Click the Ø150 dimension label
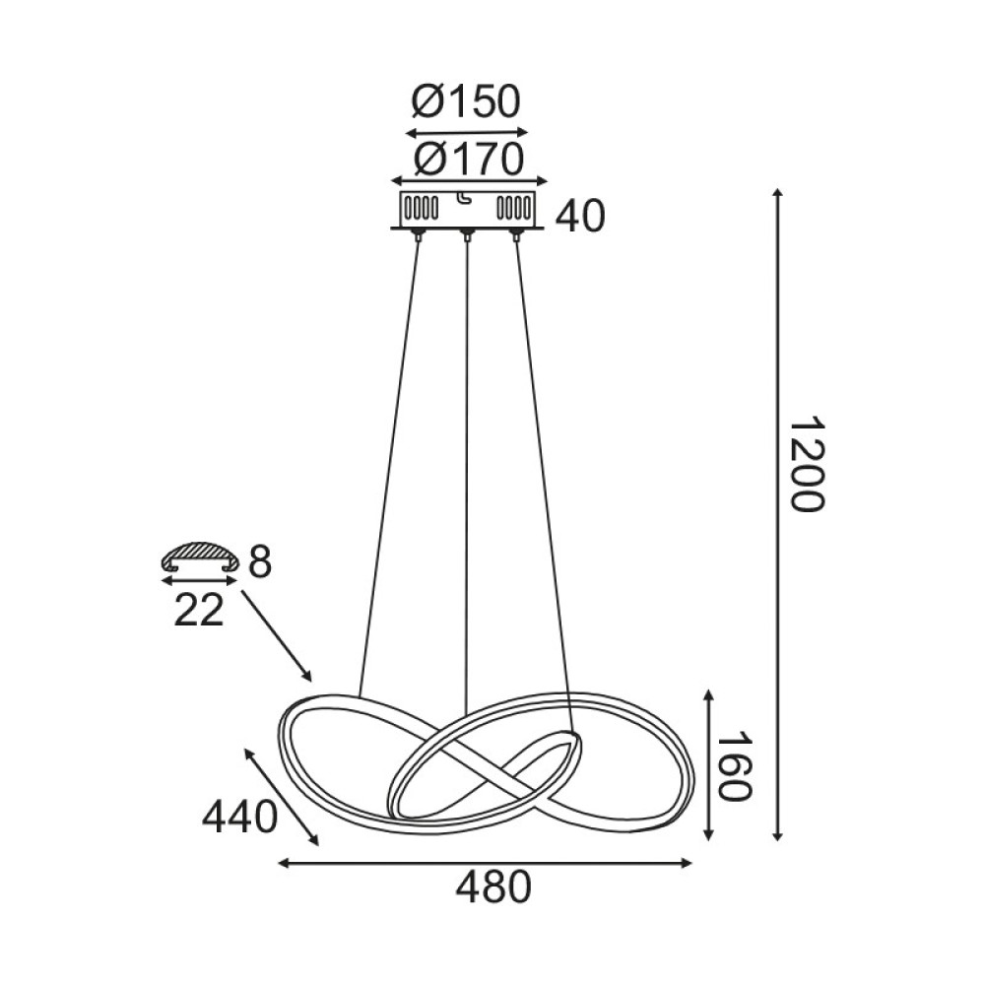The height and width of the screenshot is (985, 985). (x=466, y=101)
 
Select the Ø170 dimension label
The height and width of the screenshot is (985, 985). (x=468, y=158)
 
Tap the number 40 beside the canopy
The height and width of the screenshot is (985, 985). (x=580, y=217)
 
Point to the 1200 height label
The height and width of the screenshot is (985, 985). (x=806, y=463)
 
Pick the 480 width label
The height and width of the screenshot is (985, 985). (x=492, y=888)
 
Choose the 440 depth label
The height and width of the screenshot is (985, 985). (x=237, y=817)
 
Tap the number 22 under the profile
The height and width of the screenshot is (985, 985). (x=199, y=611)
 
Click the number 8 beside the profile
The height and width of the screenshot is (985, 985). (x=260, y=564)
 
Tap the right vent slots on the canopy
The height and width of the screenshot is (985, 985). (x=511, y=210)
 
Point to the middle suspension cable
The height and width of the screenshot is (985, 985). (x=465, y=473)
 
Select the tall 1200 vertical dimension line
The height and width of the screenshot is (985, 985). (x=778, y=512)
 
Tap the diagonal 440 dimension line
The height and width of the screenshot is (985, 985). (x=282, y=796)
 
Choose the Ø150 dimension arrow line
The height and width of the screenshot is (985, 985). (x=467, y=132)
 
